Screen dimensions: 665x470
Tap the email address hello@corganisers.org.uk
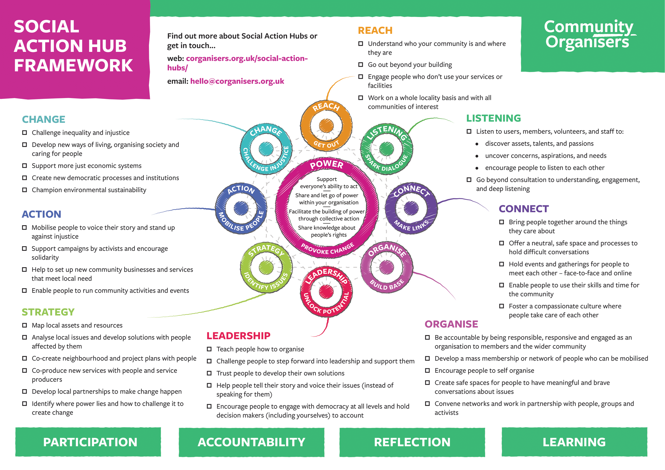pos(237,81)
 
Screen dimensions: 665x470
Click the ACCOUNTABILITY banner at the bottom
pos(251,442)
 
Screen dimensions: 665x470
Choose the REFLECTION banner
pos(412,442)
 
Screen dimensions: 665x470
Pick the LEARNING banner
pos(574,442)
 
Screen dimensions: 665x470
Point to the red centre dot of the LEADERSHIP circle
pos(326,291)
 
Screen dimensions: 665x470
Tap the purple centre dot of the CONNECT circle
pos(411,208)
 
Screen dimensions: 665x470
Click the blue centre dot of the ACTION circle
pos(241,208)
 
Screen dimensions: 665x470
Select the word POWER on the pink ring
pos(326,165)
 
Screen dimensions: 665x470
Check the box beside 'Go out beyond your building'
pos(361,65)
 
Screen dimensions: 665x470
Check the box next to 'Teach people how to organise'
pos(209,349)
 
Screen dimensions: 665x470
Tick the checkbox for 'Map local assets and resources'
pos(25,325)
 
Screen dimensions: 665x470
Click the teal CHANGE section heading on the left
pos(44,119)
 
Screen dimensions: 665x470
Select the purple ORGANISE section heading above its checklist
pos(451,324)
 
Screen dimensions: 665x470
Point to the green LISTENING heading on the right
pos(493,118)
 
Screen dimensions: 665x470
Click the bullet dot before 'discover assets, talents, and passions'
pos(477,144)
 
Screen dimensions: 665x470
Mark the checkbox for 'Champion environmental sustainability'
pos(25,190)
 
